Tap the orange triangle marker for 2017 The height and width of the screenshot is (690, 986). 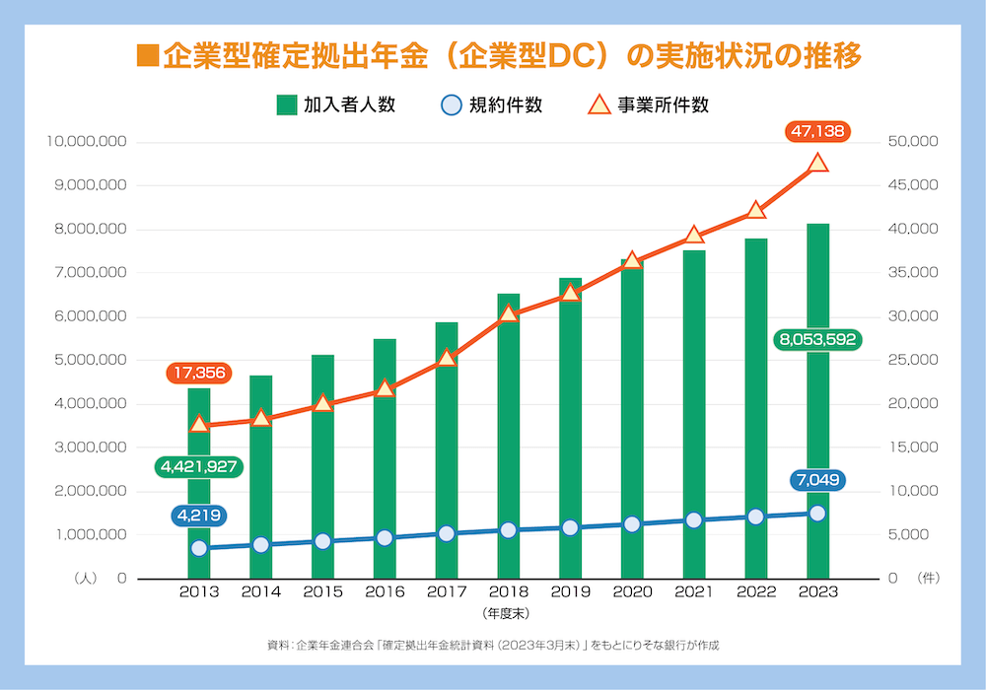(x=447, y=358)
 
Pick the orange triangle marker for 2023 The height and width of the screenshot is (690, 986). (x=817, y=164)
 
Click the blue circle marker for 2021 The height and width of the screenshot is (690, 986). (x=693, y=520)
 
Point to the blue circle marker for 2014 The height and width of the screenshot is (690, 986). (x=260, y=544)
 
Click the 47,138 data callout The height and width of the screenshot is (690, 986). (x=817, y=130)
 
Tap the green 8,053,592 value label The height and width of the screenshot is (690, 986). (x=817, y=340)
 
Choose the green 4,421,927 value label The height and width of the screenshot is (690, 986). (x=198, y=466)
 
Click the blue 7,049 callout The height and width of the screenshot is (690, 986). (x=817, y=481)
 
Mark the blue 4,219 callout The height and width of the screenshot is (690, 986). (x=198, y=515)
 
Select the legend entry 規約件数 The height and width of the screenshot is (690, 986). (x=491, y=104)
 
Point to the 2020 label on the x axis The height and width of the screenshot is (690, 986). (x=632, y=591)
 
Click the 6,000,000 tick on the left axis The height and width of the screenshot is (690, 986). (x=87, y=316)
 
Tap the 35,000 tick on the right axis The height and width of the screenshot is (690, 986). (x=914, y=273)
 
